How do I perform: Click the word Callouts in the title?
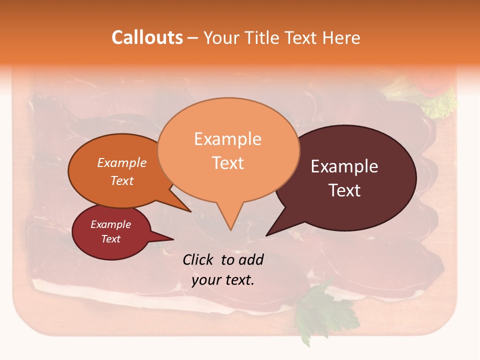[x=147, y=37]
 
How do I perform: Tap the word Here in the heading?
[x=341, y=37]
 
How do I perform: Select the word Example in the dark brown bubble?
[x=344, y=166]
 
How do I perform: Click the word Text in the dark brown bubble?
[x=344, y=190]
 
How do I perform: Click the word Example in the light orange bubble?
[x=227, y=139]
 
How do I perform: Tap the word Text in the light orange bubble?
[x=228, y=163]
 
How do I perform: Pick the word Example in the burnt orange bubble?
[x=121, y=163]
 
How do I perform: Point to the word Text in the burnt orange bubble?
[x=121, y=181]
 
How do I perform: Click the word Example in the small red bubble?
[x=110, y=225]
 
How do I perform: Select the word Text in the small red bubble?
[x=110, y=239]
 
